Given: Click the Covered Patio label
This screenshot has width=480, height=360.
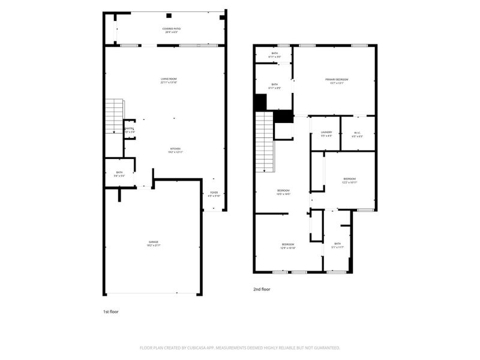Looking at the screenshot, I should (x=172, y=29).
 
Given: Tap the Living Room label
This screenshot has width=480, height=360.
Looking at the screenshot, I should (x=169, y=79).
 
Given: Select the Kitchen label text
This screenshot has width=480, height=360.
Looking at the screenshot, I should (x=175, y=149).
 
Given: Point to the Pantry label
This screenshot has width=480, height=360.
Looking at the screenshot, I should (x=129, y=128).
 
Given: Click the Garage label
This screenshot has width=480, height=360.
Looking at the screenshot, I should (x=154, y=242).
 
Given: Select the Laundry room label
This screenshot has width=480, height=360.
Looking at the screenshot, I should (x=326, y=133).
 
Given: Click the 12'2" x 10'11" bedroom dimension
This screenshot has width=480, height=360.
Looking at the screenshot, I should (x=350, y=182).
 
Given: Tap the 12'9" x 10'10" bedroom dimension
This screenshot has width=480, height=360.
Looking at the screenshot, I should (x=289, y=248).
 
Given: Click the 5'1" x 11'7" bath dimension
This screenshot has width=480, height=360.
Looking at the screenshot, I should (x=338, y=247).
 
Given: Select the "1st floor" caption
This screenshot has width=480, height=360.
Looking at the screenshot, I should (x=111, y=312).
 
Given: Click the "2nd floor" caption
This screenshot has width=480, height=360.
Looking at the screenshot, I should (x=262, y=289).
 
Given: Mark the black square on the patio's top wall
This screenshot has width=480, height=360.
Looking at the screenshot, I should (x=169, y=16).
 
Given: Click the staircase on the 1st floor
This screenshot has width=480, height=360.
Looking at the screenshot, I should (x=114, y=116).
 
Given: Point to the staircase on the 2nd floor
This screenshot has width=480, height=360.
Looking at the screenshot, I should (x=265, y=143).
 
